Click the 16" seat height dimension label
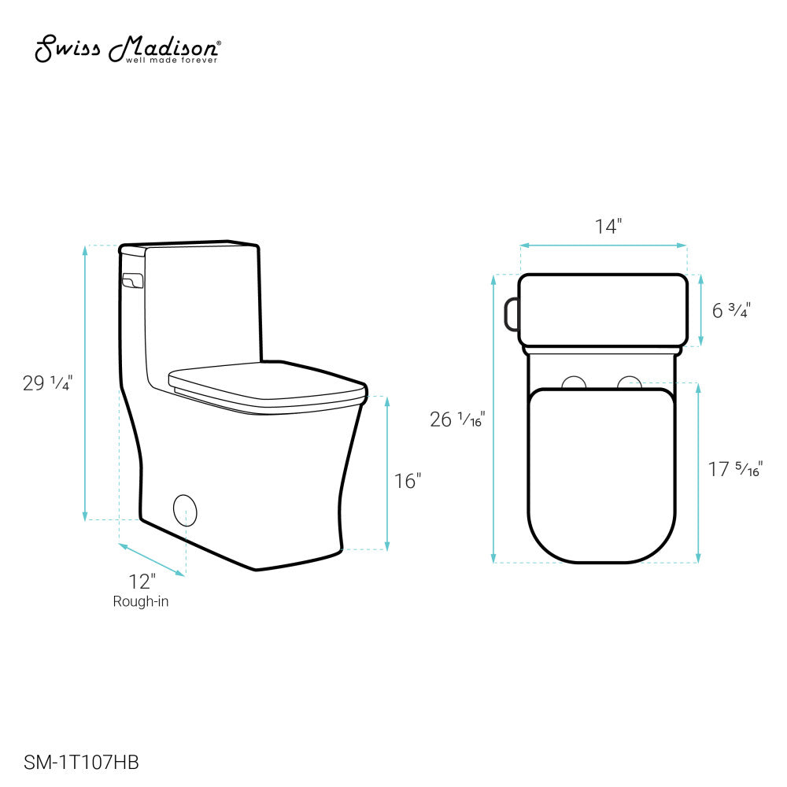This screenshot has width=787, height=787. pyautogui.click(x=408, y=480)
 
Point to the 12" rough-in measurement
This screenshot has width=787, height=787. pyautogui.click(x=142, y=582)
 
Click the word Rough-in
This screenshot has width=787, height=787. pyautogui.click(x=141, y=602)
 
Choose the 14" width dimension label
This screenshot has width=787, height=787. pyautogui.click(x=608, y=227)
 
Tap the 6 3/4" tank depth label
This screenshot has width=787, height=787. pyautogui.click(x=731, y=310)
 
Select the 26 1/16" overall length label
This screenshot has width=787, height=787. pyautogui.click(x=457, y=419)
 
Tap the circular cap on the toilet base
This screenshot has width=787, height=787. pyautogui.click(x=185, y=509)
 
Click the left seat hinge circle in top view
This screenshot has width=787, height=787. pyautogui.click(x=575, y=382)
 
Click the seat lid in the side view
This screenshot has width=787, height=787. pyautogui.click(x=268, y=383)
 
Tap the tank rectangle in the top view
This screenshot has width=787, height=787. pyautogui.click(x=603, y=309)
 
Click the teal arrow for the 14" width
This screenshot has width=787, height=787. pyautogui.click(x=603, y=246)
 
